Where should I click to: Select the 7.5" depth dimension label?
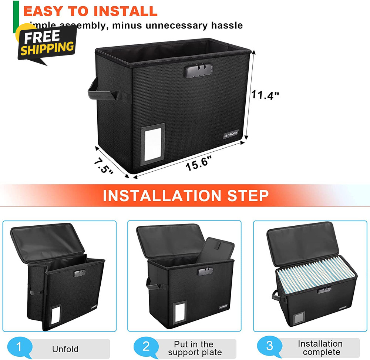click(103, 166)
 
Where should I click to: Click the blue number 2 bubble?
click(145, 347)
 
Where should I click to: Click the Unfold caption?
click(65, 349)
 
